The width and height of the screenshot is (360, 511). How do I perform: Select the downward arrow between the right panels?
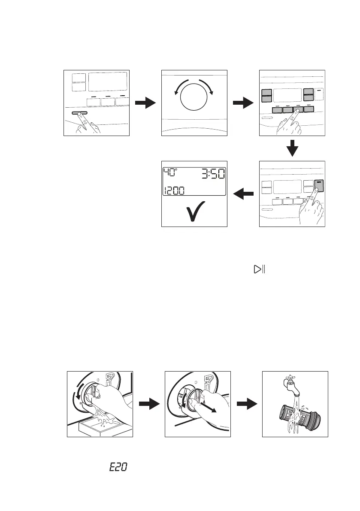coord(292,148)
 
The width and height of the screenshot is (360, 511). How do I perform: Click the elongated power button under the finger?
coord(78,113)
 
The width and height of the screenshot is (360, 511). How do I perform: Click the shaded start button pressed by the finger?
coord(318,185)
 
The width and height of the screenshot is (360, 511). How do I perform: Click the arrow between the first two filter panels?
coord(149,404)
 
